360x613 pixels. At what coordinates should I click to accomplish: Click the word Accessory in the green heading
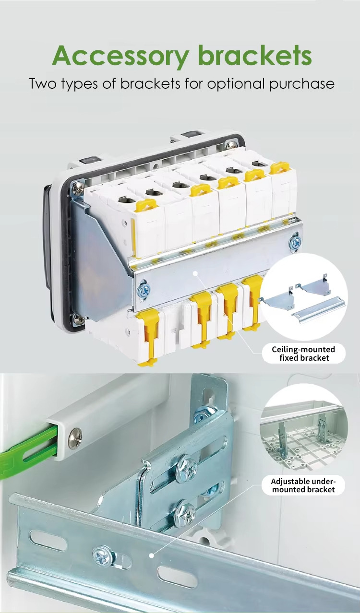click(x=120, y=57)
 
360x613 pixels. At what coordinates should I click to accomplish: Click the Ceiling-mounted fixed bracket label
click(x=303, y=354)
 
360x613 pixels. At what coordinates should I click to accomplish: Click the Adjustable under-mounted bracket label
click(x=303, y=485)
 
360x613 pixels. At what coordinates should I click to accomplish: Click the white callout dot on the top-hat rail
click(x=195, y=273)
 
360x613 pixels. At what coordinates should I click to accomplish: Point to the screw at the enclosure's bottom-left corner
click(x=78, y=319)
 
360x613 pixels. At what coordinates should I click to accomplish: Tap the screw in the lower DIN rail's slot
click(x=103, y=555)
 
